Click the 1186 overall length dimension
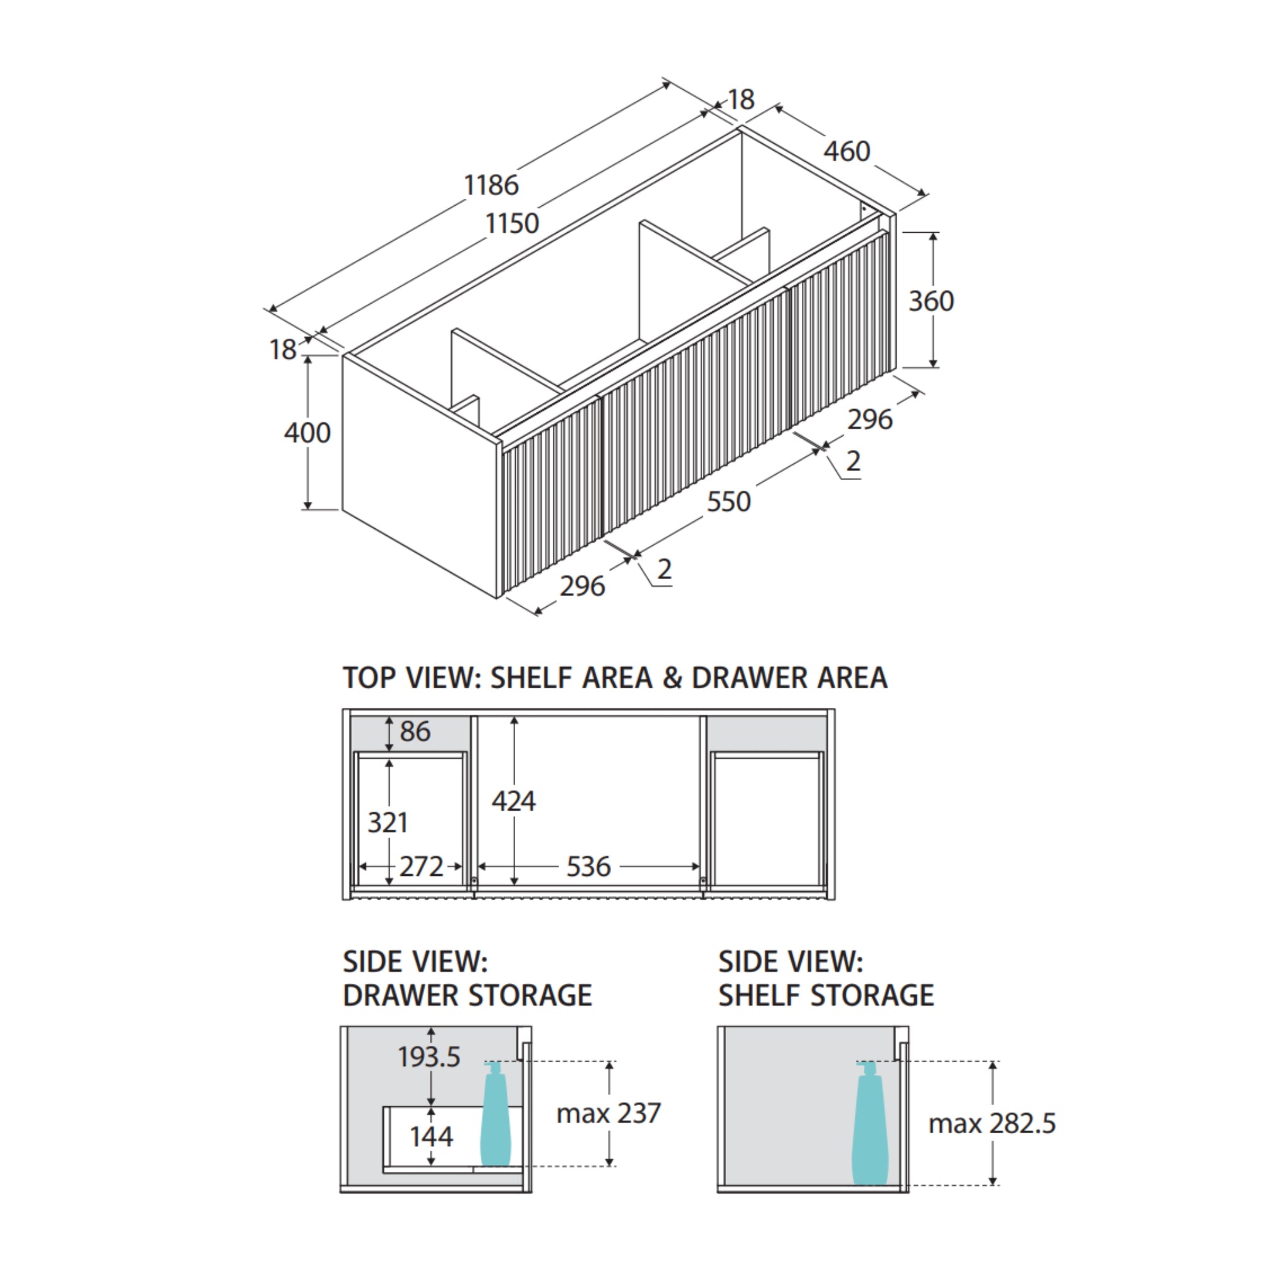tap(491, 185)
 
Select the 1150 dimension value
tap(511, 223)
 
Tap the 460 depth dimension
tap(846, 152)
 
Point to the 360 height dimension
tap(931, 301)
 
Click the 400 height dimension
tap(307, 433)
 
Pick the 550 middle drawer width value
tap(728, 501)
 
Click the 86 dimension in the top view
tap(415, 732)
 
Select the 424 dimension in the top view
tap(513, 801)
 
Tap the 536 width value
tap(589, 866)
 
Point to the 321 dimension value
tap(388, 823)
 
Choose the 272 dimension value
tap(421, 866)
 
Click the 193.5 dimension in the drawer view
tap(429, 1057)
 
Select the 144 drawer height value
tap(432, 1137)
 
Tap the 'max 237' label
tap(609, 1114)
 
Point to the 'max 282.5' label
tap(992, 1123)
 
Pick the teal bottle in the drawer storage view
tap(494, 1114)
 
